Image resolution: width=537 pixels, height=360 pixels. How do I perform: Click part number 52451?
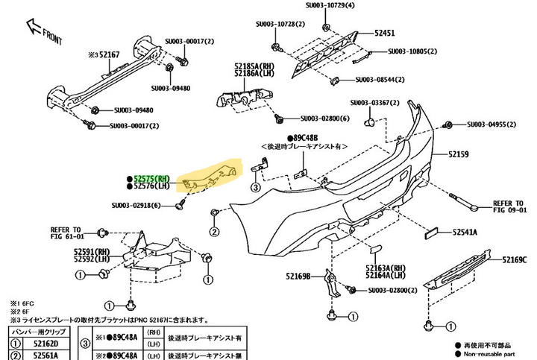pos(385,34)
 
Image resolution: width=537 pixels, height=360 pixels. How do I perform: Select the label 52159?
pos(459,155)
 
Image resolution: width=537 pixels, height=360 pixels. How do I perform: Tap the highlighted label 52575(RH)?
pos(153,180)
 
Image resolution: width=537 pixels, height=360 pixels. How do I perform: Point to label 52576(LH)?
pos(153,188)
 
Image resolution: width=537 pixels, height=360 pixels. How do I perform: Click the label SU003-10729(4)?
pos(331,5)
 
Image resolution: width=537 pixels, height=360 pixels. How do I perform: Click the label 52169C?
pos(515,260)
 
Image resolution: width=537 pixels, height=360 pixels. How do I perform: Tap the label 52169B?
pos(295,278)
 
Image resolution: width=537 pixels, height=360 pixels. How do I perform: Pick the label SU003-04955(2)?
pos(494,124)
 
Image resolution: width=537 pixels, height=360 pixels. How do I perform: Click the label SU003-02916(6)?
pos(136,206)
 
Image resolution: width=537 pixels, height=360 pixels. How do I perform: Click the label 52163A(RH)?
pos(386,267)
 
